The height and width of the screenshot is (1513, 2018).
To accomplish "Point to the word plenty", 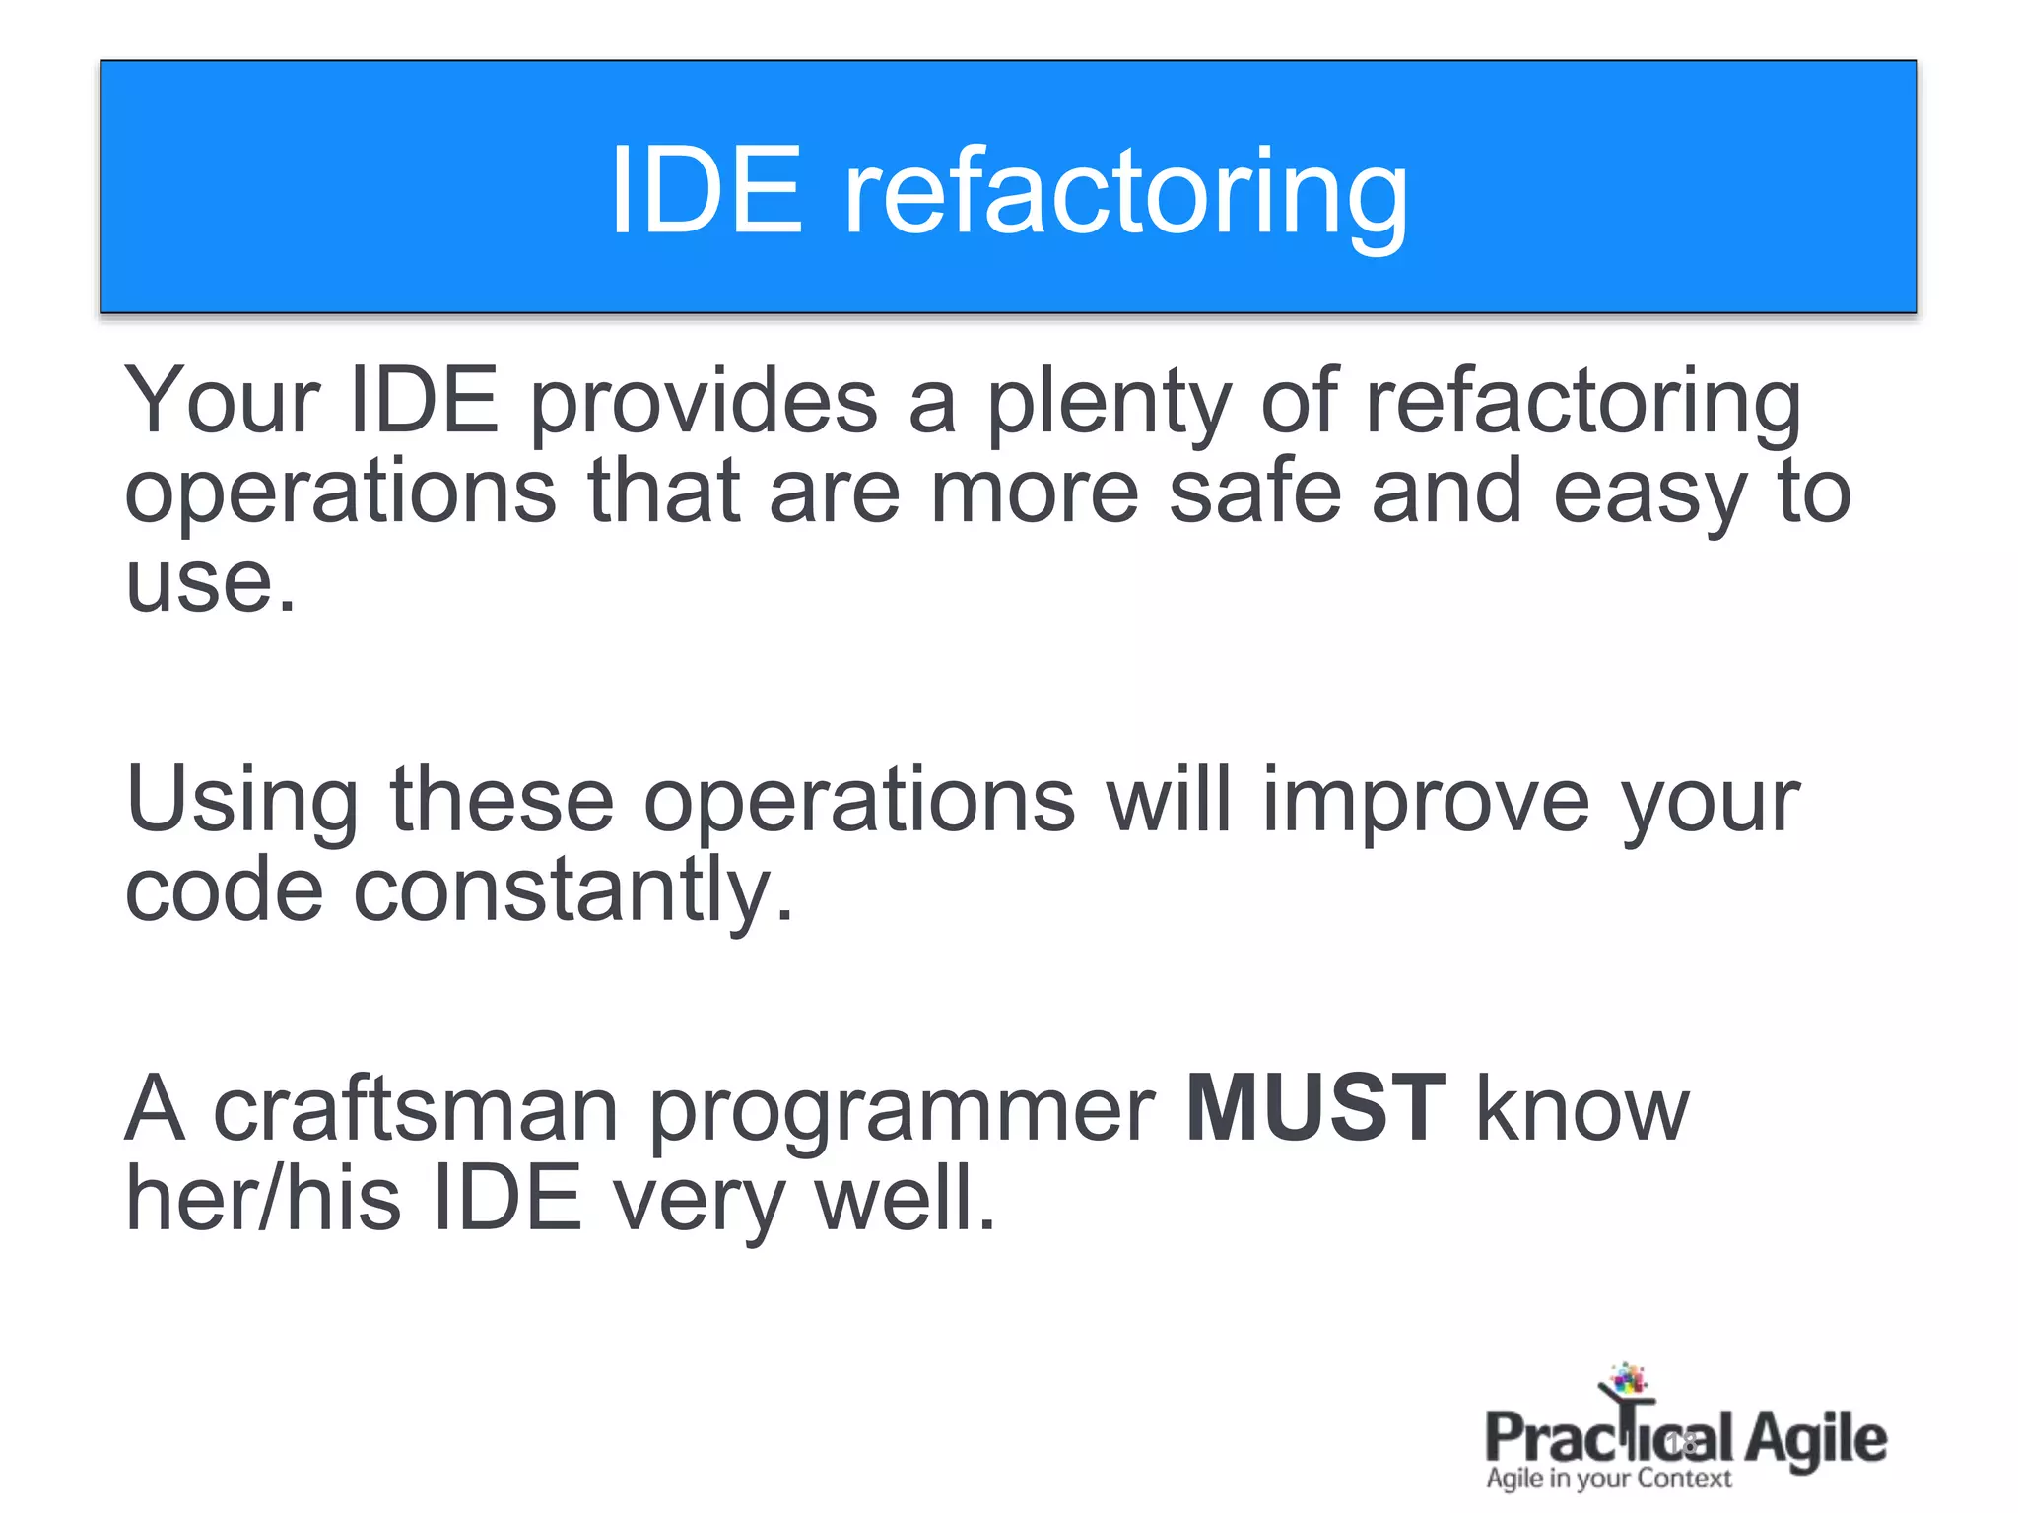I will [x=1109, y=404].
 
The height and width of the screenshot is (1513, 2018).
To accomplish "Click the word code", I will [x=224, y=889].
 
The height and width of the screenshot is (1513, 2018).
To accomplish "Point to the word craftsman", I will [x=415, y=1109].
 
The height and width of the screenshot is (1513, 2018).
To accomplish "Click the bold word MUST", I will [x=1315, y=1109].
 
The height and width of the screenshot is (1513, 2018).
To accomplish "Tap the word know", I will [x=1582, y=1109].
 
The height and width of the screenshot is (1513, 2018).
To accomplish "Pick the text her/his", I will [x=263, y=1198].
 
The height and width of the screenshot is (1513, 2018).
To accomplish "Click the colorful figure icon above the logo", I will [x=1626, y=1382].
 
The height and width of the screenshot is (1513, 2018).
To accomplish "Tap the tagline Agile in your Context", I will [x=1608, y=1479].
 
